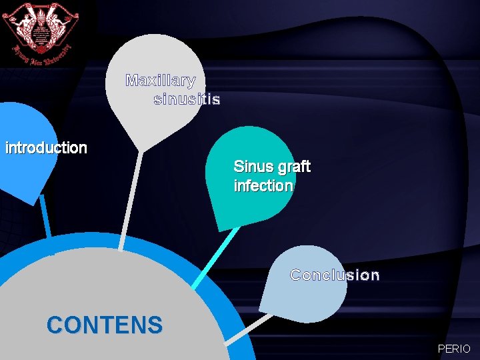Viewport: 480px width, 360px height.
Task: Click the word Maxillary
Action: coord(160,81)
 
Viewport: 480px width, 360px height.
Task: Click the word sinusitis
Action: coord(187,100)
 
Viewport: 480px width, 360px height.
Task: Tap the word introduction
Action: coord(46,147)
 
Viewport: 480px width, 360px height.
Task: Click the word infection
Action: coord(263,185)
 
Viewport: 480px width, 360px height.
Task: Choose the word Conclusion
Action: coord(335,275)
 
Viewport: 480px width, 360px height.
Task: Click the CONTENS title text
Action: coord(105,325)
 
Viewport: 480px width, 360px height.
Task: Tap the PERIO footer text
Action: coord(454,349)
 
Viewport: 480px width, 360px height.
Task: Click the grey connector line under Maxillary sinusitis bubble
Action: coord(131,200)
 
